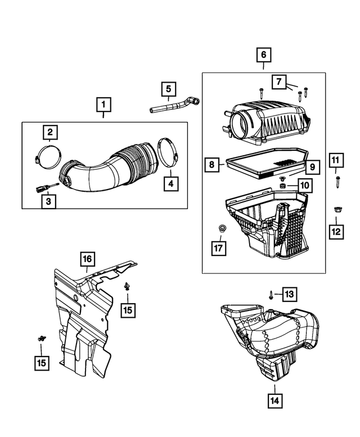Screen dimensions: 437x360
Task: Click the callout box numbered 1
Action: [103, 104]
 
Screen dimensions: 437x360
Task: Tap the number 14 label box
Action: [275, 400]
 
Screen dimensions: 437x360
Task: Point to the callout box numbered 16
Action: [87, 259]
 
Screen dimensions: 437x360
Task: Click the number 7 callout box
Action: [278, 81]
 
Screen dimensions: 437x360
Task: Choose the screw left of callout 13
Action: [272, 294]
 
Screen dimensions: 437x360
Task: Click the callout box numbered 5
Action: [168, 89]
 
